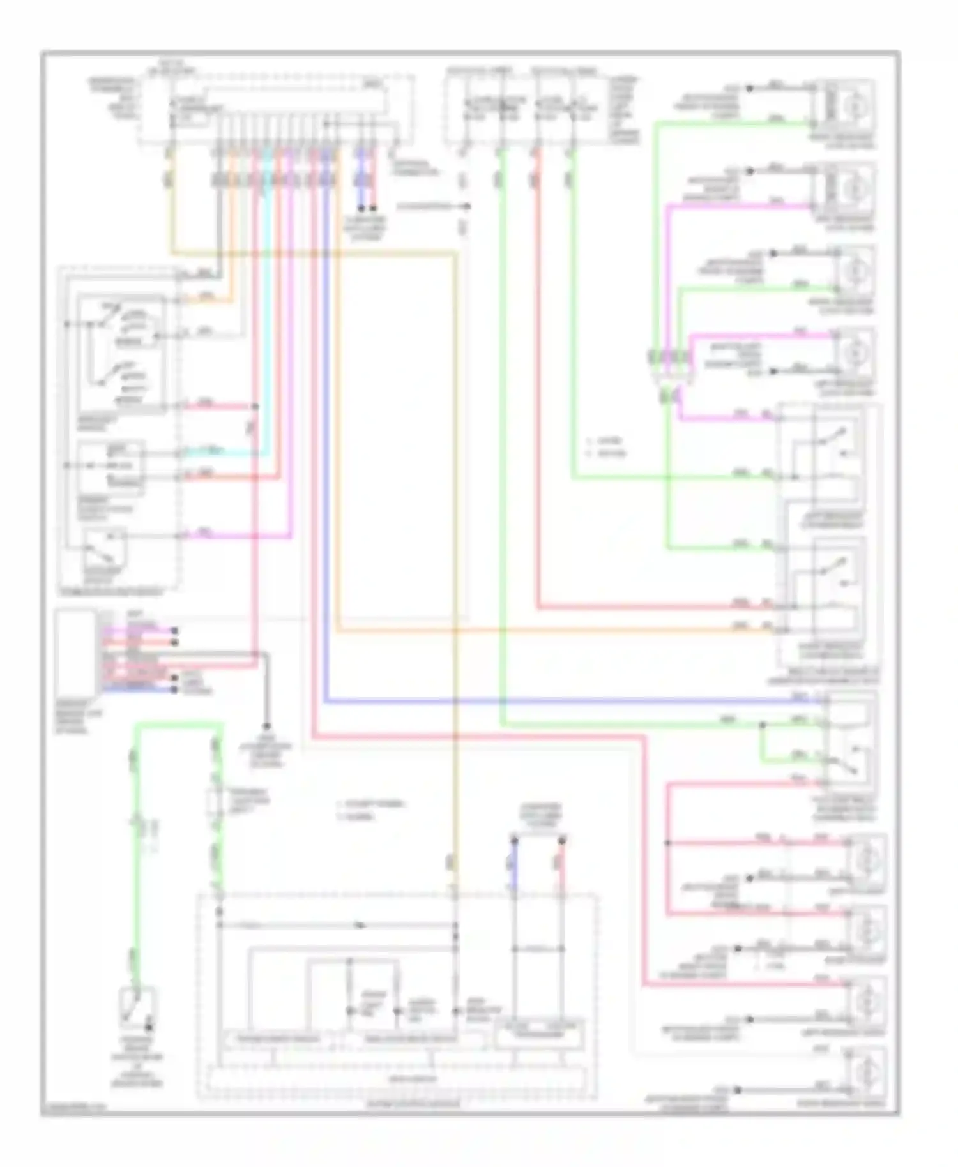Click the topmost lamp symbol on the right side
(x=852, y=105)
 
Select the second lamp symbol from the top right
(x=852, y=188)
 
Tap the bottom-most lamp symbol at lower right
(x=866, y=1070)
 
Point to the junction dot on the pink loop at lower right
(x=667, y=843)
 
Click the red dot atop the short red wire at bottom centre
(x=562, y=841)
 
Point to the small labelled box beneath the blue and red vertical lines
(x=540, y=1032)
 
